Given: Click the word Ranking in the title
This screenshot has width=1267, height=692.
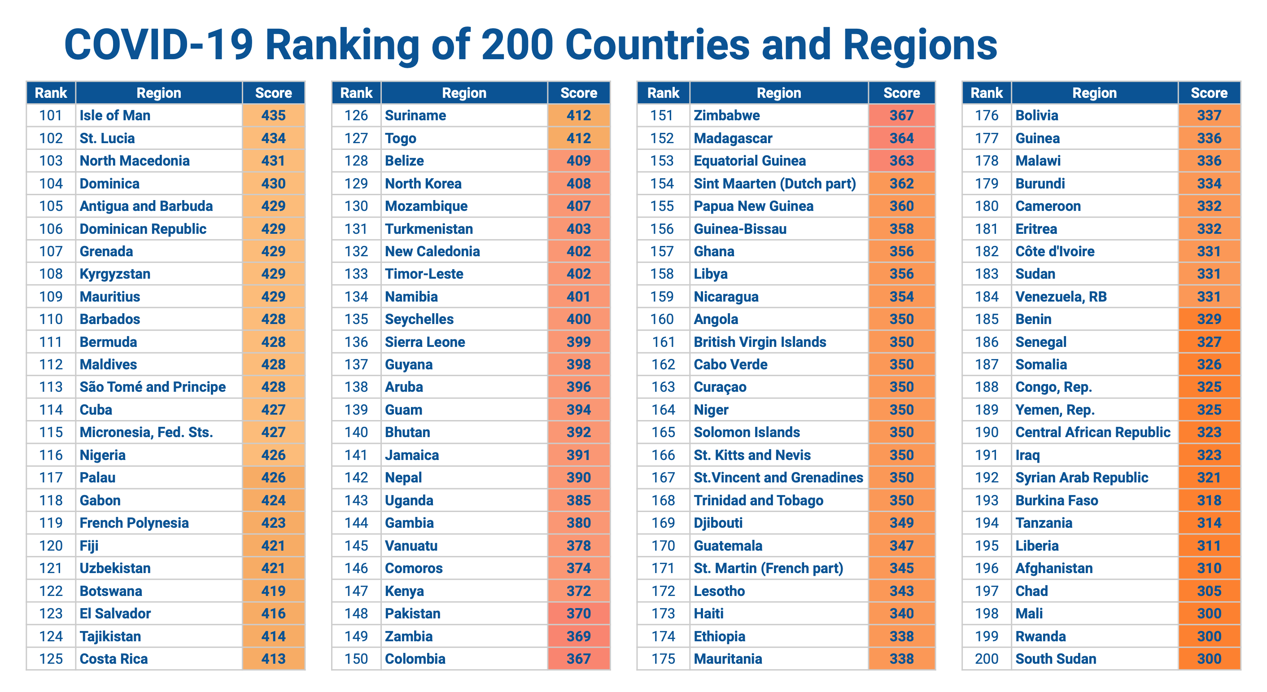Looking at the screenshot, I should pyautogui.click(x=342, y=45).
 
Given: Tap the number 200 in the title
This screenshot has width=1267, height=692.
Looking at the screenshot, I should pyautogui.click(x=517, y=45).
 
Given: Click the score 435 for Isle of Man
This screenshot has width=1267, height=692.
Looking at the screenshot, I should pyautogui.click(x=274, y=116).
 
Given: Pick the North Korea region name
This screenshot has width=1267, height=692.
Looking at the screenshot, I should pyautogui.click(x=423, y=184).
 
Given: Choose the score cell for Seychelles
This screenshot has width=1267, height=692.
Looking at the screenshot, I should pyautogui.click(x=578, y=319).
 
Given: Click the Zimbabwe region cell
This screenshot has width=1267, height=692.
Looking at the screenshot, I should pyautogui.click(x=726, y=116).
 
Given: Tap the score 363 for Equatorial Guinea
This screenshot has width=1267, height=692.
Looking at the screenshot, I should pyautogui.click(x=901, y=161).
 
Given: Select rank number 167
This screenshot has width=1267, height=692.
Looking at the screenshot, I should pyautogui.click(x=663, y=477).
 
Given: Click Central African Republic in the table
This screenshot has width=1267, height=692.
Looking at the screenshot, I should pyautogui.click(x=1092, y=432).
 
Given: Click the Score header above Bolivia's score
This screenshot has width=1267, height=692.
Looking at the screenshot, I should pyautogui.click(x=1209, y=93).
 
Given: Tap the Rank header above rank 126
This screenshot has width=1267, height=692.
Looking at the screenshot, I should pyautogui.click(x=356, y=93).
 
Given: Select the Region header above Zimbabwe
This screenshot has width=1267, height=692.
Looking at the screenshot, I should pyautogui.click(x=778, y=93).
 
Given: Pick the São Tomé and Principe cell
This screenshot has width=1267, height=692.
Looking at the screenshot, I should pyautogui.click(x=153, y=387).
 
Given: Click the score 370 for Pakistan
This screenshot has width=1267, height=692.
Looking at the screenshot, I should pyautogui.click(x=578, y=613).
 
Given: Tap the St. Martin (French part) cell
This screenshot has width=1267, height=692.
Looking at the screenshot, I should pyautogui.click(x=768, y=568).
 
